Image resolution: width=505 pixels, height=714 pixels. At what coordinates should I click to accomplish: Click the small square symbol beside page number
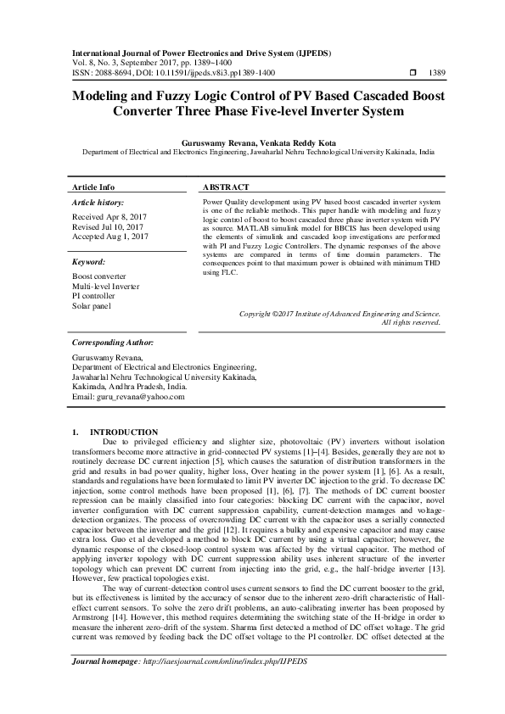(x=389, y=74)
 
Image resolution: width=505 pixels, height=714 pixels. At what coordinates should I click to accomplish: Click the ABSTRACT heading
(x=226, y=187)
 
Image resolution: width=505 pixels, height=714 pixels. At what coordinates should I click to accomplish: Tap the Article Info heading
(x=93, y=187)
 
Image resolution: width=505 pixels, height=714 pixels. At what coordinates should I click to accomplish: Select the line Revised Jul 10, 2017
(x=106, y=227)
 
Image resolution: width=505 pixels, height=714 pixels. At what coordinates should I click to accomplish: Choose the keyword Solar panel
(x=92, y=305)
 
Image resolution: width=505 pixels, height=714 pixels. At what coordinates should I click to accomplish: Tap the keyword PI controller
(x=93, y=296)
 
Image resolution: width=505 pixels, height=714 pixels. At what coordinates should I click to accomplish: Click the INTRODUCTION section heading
(x=124, y=432)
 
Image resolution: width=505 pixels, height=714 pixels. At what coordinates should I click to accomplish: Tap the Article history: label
(x=98, y=204)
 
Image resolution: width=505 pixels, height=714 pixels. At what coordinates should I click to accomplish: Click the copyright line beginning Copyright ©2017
(x=339, y=314)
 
